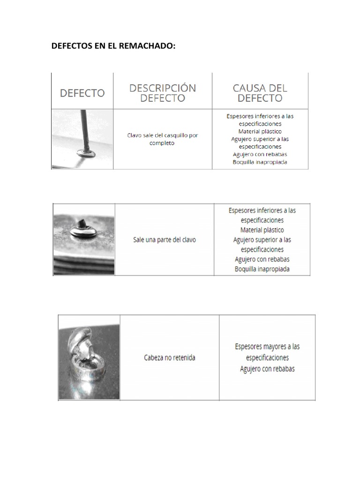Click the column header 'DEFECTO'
(82, 93)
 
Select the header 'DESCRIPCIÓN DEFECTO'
(163, 93)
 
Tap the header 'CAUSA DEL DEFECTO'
(260, 93)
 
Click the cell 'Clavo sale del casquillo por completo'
(163, 139)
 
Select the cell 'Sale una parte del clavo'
(164, 240)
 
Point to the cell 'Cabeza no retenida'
(169, 358)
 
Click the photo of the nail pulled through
(82, 139)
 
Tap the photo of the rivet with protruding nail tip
(84, 239)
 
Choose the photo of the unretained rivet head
(89, 358)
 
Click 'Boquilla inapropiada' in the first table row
(260, 162)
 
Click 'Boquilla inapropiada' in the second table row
(262, 269)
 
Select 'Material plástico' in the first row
(260, 131)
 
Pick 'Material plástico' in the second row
(262, 230)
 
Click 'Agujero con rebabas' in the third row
(267, 369)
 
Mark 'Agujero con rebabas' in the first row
(260, 154)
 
